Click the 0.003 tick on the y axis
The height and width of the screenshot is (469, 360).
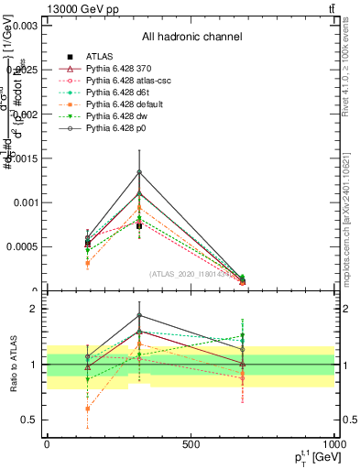click(24, 27)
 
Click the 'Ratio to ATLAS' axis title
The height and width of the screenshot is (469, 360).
click(10, 365)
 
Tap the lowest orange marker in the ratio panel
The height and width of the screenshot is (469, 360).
click(87, 409)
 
